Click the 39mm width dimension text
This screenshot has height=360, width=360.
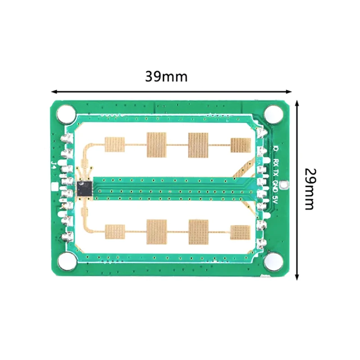point(166,76)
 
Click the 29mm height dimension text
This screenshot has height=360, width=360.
point(309,189)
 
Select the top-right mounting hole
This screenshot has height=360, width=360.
point(273,113)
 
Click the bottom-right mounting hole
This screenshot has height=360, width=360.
point(273,262)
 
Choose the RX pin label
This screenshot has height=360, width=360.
point(275,162)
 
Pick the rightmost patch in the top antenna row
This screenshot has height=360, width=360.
point(241,144)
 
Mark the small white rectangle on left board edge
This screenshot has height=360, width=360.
point(55,187)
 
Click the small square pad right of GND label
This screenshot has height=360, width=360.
point(283,184)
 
